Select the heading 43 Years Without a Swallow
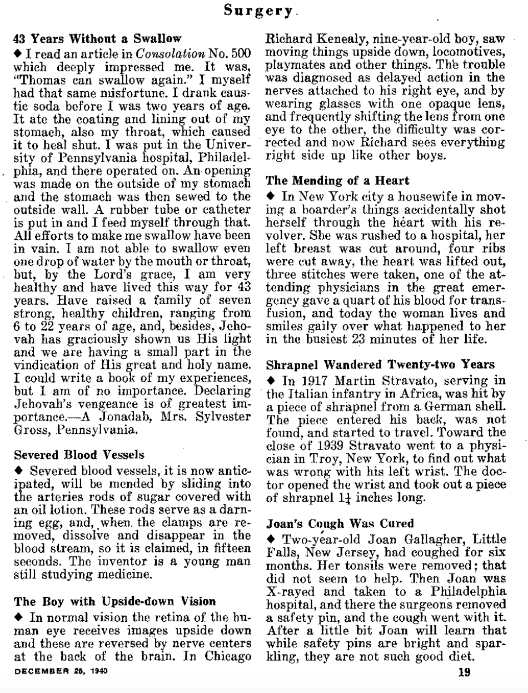point(97,39)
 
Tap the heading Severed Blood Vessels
point(78,454)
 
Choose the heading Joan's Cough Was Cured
point(340,523)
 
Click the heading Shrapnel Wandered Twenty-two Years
point(381,365)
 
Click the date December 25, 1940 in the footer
point(59,671)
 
